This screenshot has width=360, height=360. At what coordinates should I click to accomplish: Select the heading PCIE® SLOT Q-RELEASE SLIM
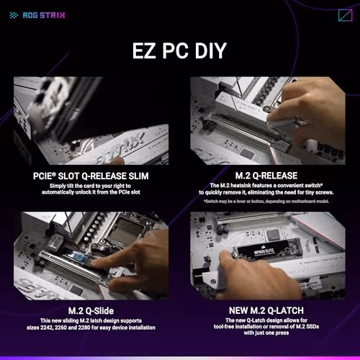89,175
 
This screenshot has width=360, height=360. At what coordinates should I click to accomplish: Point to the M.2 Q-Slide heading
89,310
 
